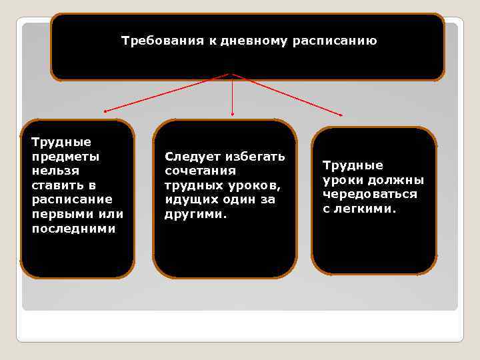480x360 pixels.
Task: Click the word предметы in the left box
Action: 65,157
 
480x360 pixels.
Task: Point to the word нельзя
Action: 55,171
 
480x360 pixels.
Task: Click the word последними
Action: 73,229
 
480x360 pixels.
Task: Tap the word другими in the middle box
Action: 195,215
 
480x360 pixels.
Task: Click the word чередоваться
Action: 370,194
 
